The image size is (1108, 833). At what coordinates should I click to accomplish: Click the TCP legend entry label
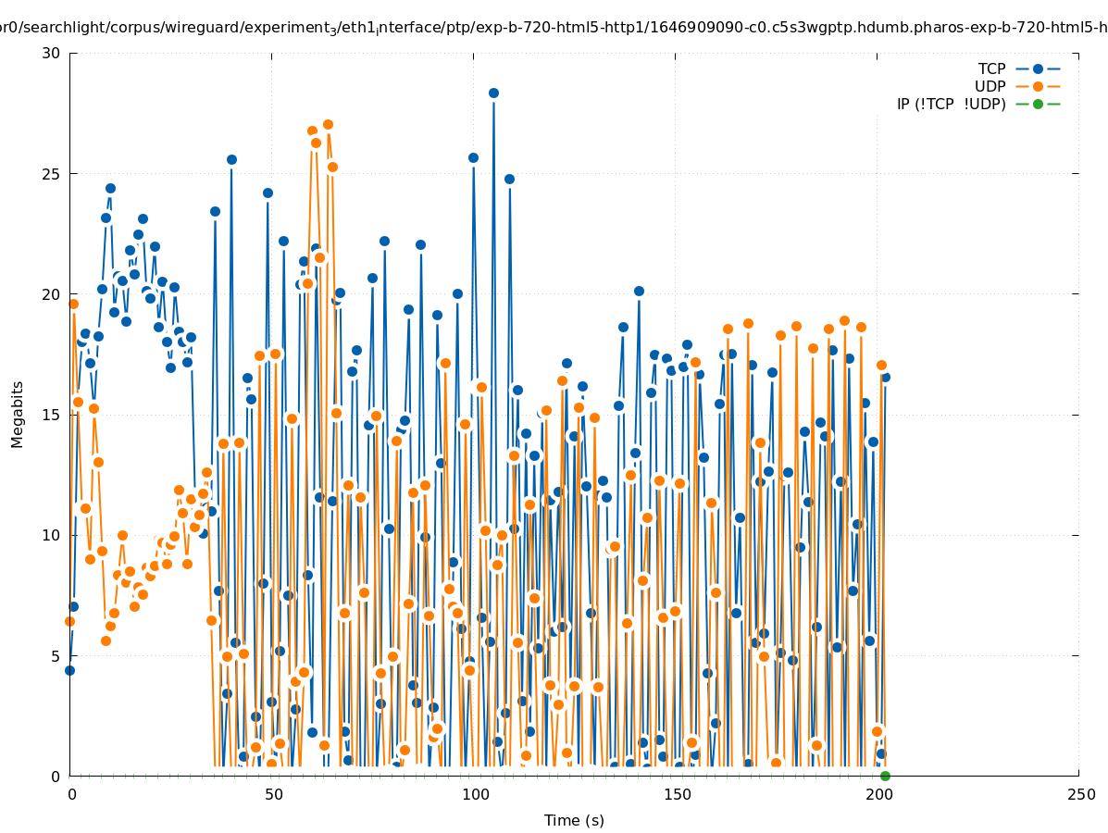click(x=991, y=69)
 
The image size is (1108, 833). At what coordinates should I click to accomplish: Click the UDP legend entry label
click(x=990, y=87)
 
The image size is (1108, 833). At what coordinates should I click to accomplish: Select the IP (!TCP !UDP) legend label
click(x=951, y=105)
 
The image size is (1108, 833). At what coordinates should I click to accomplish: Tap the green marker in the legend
click(x=1038, y=105)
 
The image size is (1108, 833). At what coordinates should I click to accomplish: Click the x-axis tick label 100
click(x=475, y=795)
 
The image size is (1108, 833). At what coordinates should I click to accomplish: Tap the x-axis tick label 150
click(x=677, y=795)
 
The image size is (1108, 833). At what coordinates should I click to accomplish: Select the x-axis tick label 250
click(x=1080, y=795)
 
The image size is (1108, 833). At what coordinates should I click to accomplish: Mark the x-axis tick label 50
click(x=273, y=795)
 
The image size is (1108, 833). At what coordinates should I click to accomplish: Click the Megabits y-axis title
click(x=18, y=414)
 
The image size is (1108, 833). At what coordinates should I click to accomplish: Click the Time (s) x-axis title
click(x=574, y=821)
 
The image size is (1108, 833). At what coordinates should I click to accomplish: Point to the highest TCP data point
click(x=493, y=93)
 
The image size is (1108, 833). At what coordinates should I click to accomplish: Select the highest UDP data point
click(x=328, y=125)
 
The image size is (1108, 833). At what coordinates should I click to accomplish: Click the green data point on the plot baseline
click(x=885, y=776)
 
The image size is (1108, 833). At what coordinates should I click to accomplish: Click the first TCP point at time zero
click(x=69, y=670)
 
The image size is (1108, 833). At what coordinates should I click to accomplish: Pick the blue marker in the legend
click(x=1038, y=69)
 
